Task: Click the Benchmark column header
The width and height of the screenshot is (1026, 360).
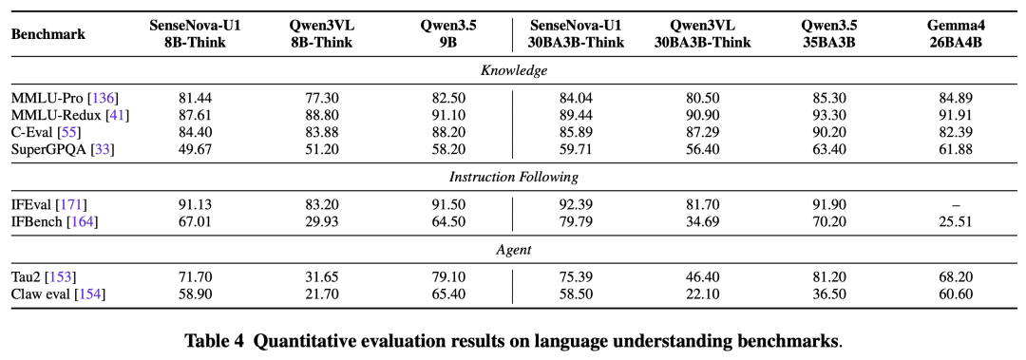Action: point(48,34)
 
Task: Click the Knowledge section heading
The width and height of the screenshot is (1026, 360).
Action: point(514,70)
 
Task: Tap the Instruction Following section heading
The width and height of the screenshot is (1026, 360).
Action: point(514,177)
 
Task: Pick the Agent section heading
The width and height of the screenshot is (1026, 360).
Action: point(514,250)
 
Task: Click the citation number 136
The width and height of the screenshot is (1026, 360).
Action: point(104,98)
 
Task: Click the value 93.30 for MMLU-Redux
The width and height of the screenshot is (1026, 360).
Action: point(829,115)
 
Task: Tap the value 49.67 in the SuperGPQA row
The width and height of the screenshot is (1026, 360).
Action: point(195,149)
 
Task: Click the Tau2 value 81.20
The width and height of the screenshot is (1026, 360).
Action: point(829,277)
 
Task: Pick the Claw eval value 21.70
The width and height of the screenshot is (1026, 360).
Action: point(321,294)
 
